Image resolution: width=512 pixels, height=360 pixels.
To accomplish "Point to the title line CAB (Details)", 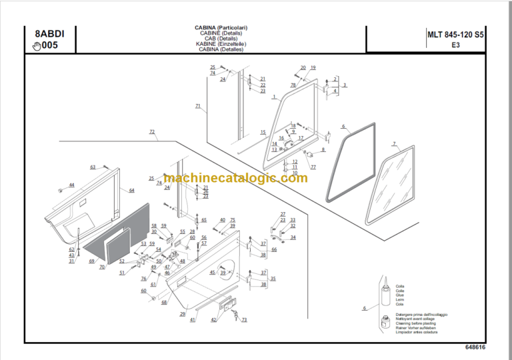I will coord(221,39).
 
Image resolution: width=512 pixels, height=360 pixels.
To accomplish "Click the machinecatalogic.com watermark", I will coord(235,178).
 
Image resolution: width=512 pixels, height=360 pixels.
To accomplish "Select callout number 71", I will coord(197,106).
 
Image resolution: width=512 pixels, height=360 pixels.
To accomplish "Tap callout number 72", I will coord(152,132).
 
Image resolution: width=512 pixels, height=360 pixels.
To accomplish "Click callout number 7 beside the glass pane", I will coord(394,144).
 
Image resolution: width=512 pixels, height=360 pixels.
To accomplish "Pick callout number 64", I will coord(131,191).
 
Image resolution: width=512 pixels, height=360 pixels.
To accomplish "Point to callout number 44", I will coord(72,185).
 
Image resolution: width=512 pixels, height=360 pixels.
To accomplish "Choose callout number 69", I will coord(92,261).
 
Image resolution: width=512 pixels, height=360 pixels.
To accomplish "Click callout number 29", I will coord(182,313).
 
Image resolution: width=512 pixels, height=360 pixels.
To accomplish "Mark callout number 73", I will coord(244,320).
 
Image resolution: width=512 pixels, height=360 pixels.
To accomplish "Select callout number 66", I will coord(273,249).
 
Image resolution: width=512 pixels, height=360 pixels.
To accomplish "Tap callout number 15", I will coord(263,132).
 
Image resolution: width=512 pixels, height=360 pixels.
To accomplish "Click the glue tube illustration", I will coord(385,296).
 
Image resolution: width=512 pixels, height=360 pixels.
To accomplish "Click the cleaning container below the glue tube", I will coord(385,323).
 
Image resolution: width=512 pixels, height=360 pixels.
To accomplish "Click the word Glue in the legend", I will coord(400,294).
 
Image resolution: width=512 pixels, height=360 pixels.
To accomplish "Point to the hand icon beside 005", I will coord(36,46).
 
